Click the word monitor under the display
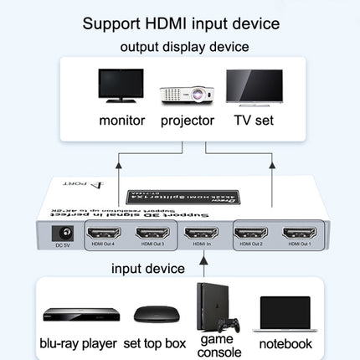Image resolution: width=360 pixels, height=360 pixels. (x=122, y=120)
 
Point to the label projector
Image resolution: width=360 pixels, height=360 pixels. (x=187, y=120)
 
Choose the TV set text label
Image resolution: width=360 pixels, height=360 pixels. (x=255, y=120)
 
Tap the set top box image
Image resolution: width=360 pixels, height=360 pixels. (x=154, y=316)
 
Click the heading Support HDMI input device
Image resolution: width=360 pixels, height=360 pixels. (x=180, y=23)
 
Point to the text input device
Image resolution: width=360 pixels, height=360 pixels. (x=149, y=269)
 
